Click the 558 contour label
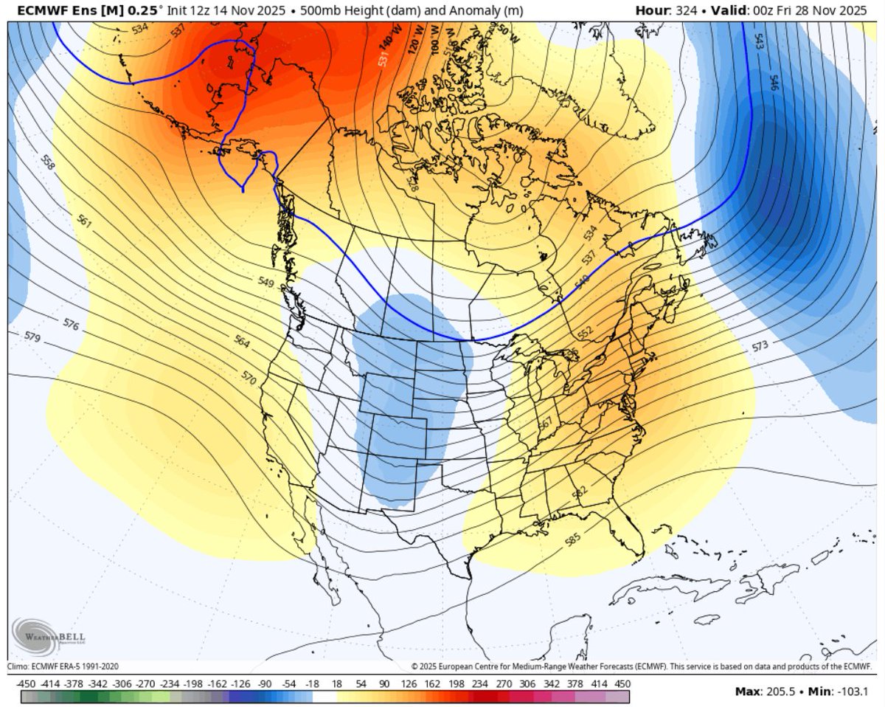[48, 163]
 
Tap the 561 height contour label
[83, 220]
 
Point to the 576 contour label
[71, 324]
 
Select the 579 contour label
[32, 337]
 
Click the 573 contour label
[760, 345]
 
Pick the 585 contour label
[572, 540]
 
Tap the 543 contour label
[759, 41]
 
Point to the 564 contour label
[242, 342]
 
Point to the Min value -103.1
[853, 692]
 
